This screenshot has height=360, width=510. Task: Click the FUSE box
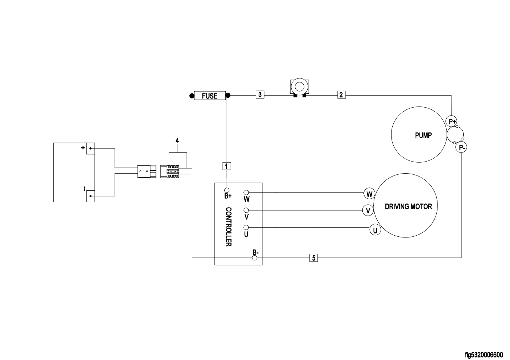(x=210, y=96)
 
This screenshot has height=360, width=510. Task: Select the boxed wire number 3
(x=260, y=94)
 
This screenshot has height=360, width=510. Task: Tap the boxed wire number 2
(x=341, y=94)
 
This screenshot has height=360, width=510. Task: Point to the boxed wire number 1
(x=226, y=166)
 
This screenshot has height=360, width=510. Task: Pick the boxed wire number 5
(x=314, y=258)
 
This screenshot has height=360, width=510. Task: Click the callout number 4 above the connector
(x=177, y=140)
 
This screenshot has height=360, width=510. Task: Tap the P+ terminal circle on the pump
(x=451, y=121)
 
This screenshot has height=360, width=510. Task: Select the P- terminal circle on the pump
(x=461, y=147)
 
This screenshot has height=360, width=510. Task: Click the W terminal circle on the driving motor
(x=369, y=194)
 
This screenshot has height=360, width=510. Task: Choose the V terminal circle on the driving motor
(x=368, y=210)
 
